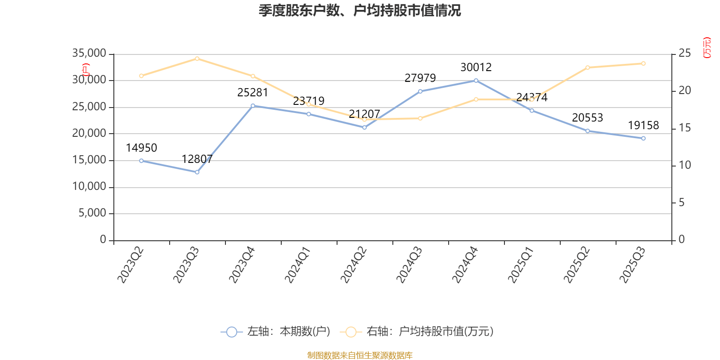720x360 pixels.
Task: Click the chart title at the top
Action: point(360,11)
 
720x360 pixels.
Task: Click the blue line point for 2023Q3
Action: point(197,172)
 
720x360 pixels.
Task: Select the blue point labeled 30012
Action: point(476,81)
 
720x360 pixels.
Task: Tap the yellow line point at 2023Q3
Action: point(197,58)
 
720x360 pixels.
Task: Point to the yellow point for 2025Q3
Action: point(643,63)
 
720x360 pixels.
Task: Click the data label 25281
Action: point(252,93)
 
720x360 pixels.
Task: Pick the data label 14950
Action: point(141,148)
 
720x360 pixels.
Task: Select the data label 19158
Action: point(643,126)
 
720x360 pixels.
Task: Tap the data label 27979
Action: point(420,78)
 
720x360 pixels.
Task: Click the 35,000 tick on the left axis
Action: point(89,54)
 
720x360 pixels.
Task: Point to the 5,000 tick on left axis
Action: point(92,213)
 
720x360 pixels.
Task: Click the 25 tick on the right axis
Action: point(684,54)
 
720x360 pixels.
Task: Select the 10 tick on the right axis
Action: point(684,165)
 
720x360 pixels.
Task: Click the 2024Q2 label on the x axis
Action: point(354,265)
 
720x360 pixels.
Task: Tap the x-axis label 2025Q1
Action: point(521,265)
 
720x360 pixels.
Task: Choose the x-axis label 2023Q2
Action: point(130,265)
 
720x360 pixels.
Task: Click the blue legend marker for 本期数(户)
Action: point(231,332)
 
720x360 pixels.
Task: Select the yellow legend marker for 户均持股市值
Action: point(351,332)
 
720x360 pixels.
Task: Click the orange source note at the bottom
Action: point(360,355)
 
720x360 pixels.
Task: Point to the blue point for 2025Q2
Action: point(588,131)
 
